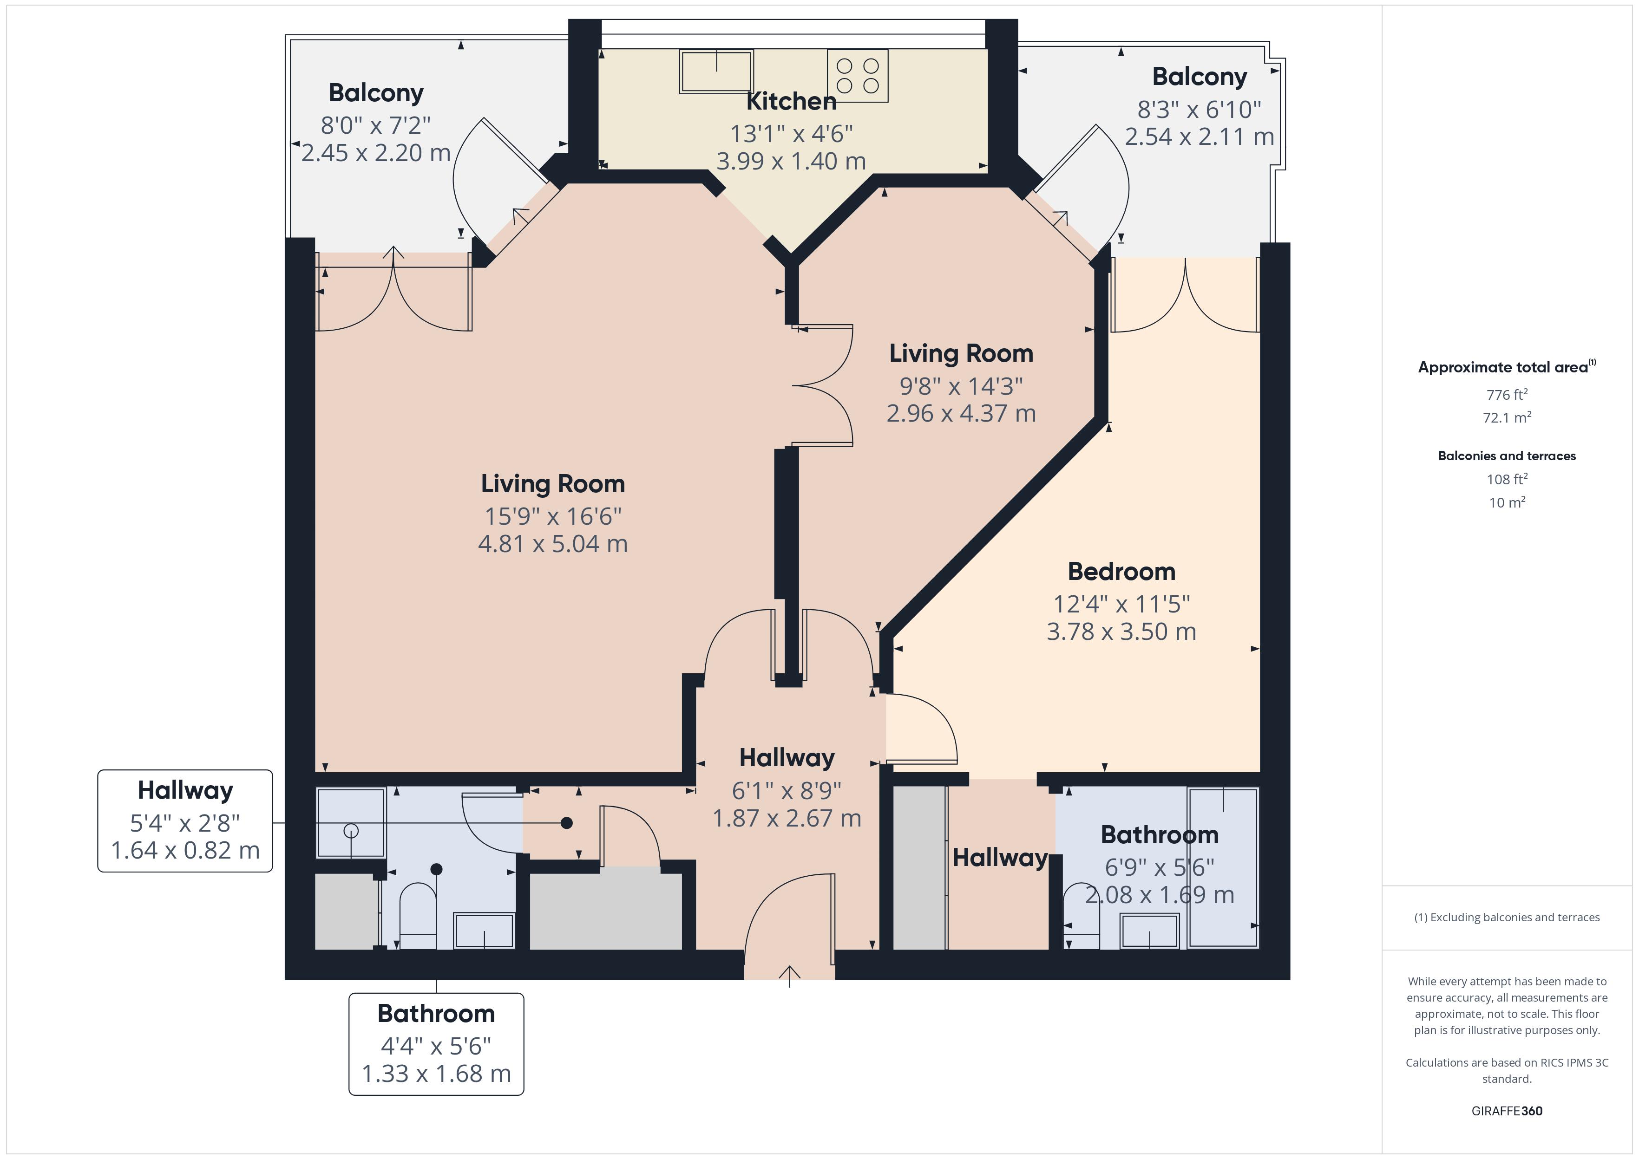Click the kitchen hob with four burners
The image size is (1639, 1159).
tap(857, 76)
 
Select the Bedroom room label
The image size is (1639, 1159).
tap(1121, 572)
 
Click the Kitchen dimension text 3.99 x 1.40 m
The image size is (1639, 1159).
tap(791, 161)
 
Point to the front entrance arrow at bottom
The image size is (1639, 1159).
tap(789, 975)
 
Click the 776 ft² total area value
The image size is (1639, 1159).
tap(1506, 395)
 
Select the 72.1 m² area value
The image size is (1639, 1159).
tap(1506, 417)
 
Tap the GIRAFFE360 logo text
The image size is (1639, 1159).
tap(1506, 1110)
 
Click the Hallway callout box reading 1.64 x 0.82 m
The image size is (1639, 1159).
tap(185, 820)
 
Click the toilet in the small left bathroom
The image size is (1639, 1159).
tap(418, 917)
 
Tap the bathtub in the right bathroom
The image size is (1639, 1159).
tap(1223, 867)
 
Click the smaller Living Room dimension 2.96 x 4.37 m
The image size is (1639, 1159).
tap(961, 413)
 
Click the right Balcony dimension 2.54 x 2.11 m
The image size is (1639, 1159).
tap(1199, 137)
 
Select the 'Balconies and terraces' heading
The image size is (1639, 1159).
tap(1506, 456)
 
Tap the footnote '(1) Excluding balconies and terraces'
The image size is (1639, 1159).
tap(1506, 917)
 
